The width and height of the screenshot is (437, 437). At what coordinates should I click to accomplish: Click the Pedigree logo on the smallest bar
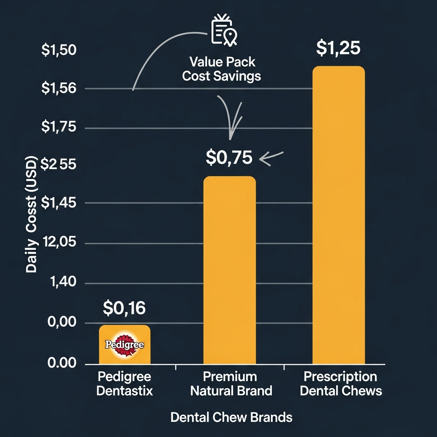[x=124, y=344]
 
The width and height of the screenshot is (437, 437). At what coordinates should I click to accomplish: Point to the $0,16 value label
[x=124, y=308]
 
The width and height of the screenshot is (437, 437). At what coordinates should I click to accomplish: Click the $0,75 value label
[x=229, y=157]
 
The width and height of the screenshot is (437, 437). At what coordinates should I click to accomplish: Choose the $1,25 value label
[x=338, y=48]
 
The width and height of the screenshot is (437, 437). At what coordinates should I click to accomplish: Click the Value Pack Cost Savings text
[x=221, y=69]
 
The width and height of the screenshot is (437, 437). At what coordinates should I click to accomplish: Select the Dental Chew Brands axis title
[x=231, y=417]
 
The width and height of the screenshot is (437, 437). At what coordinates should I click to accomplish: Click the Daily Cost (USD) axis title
[x=32, y=215]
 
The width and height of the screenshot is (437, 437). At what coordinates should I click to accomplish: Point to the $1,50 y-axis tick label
[x=58, y=50]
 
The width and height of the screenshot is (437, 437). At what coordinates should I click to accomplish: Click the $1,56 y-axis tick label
[x=58, y=88]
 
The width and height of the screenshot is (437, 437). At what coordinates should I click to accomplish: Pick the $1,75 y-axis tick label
[x=58, y=127]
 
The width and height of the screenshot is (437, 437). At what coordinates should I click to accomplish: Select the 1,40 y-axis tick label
[x=62, y=282]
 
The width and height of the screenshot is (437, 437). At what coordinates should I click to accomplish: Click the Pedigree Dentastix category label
[x=124, y=384]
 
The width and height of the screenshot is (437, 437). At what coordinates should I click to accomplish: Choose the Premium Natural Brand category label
[x=231, y=384]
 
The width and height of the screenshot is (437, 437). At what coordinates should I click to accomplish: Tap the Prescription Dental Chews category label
[x=341, y=384]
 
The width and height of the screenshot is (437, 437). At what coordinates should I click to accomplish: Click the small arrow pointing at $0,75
[x=271, y=158]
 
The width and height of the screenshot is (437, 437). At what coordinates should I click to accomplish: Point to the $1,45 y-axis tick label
[x=58, y=202]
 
